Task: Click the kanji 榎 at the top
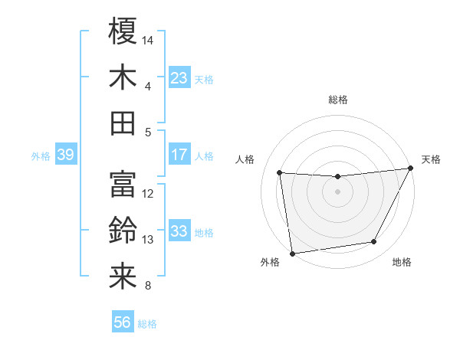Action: point(123,31)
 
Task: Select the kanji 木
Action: point(123,77)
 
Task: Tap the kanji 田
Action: point(123,123)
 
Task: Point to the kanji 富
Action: point(123,185)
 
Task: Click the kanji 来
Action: point(123,277)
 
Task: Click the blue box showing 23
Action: point(179,78)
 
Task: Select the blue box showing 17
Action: point(179,155)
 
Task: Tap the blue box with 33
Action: point(179,231)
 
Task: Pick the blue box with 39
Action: point(65,155)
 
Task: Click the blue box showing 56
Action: point(123,322)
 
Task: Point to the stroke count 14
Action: point(148,40)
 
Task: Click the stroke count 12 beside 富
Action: point(148,194)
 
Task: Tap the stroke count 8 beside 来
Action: point(147,286)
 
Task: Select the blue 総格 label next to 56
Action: point(147,324)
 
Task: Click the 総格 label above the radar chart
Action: point(337,100)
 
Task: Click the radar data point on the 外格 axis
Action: point(291,253)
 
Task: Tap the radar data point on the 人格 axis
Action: point(279,172)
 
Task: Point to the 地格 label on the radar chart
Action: point(401,263)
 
